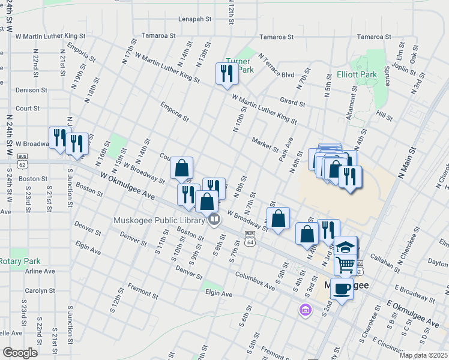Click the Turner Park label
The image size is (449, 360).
pos(239,65)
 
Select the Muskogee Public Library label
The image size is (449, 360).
pos(158,220)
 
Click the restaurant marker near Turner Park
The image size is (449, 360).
pos(226,74)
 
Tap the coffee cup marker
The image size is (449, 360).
pos(342,289)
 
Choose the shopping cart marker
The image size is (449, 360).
pos(345,263)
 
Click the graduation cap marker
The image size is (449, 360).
pos(346,247)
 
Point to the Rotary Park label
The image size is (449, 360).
pos(20,261)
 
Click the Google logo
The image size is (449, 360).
pos(20,353)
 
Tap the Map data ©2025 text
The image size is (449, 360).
pos(423,355)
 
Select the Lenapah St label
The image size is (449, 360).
pos(195,19)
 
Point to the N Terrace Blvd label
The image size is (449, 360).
pos(276,66)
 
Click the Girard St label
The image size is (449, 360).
pos(292,103)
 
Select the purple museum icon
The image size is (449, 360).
pos(306,310)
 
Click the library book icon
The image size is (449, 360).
pos(214,220)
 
